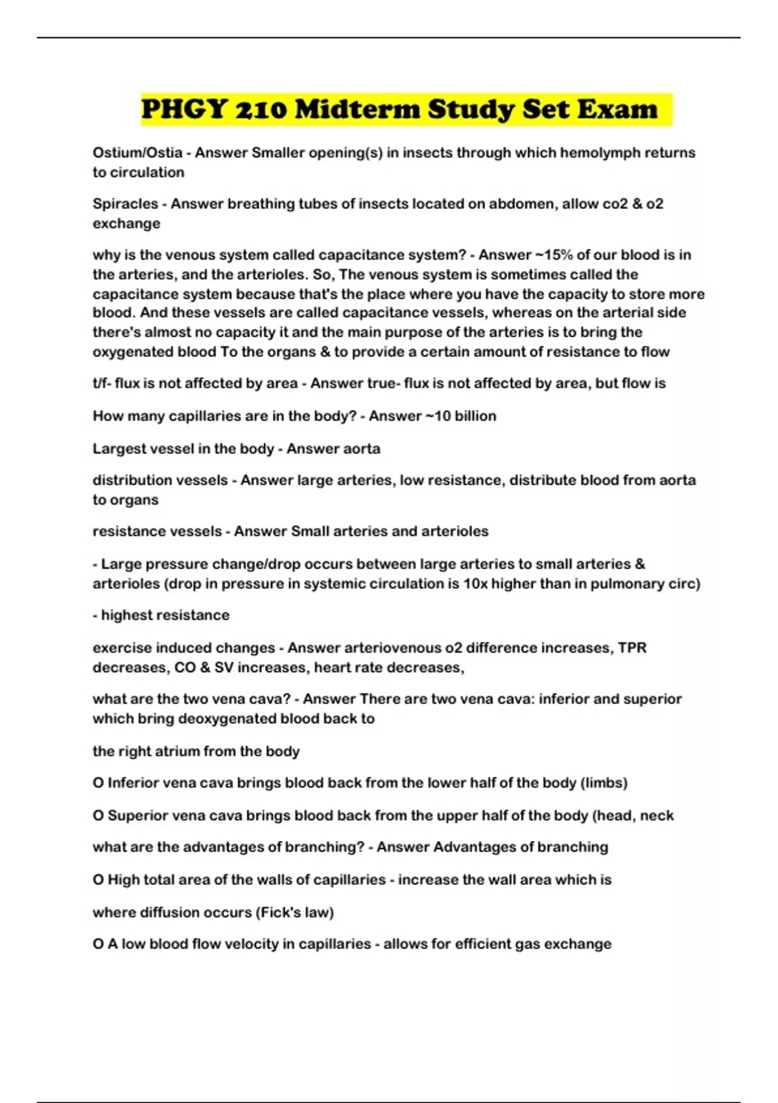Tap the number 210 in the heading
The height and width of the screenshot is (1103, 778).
point(260,109)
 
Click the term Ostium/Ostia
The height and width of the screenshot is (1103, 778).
point(137,152)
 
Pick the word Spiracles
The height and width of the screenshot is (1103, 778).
point(125,204)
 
